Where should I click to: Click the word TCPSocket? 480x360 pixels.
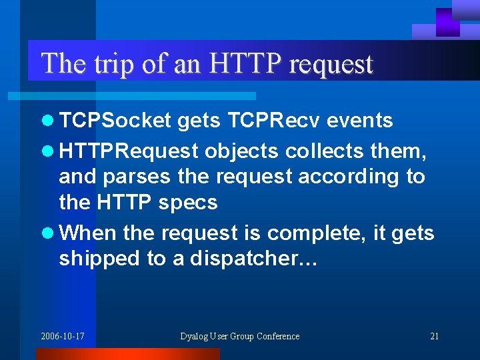pos(116,121)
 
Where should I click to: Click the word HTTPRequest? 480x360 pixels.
pos(129,151)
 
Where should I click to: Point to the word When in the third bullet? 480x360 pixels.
pos(87,233)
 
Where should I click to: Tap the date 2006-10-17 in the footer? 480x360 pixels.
pos(63,336)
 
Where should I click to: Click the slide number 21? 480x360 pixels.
pos(434,336)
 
